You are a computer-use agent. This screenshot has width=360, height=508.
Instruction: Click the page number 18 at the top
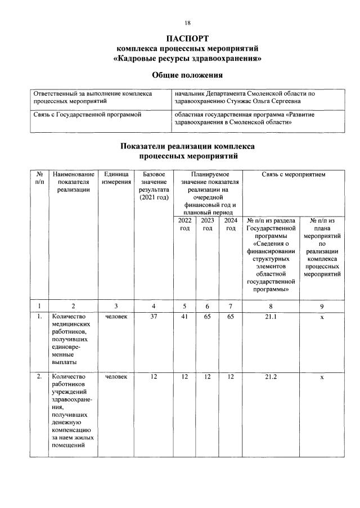[187, 23]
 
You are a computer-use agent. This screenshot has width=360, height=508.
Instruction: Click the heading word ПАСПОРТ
[187, 38]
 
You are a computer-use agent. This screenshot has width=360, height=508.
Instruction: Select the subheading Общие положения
[187, 75]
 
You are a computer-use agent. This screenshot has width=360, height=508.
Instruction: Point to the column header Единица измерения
[116, 178]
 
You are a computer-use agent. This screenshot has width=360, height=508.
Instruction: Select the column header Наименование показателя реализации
[72, 182]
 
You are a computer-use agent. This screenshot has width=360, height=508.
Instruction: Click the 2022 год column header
[184, 224]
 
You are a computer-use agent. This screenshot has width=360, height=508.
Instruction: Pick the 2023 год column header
[207, 224]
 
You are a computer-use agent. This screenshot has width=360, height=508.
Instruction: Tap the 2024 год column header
[231, 224]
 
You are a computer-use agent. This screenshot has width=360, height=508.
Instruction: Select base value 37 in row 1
[153, 316]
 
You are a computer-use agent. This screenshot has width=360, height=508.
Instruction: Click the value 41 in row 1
[184, 316]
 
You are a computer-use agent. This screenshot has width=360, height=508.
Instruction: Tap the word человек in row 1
[116, 316]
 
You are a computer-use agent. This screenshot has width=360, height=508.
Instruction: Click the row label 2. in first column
[39, 376]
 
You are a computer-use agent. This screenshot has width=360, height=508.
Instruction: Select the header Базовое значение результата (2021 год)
[153, 186]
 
